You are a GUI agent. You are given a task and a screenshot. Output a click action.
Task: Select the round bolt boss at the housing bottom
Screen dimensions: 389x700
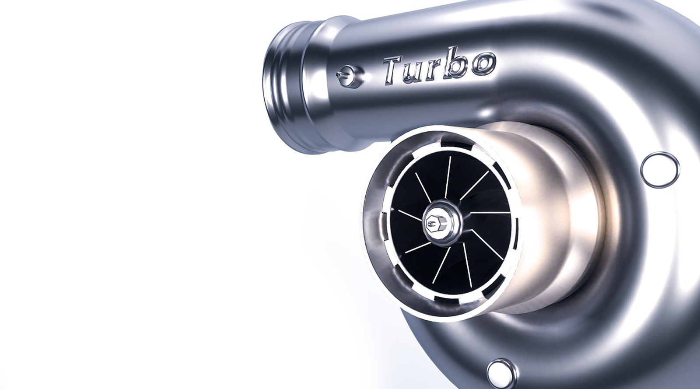500,372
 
